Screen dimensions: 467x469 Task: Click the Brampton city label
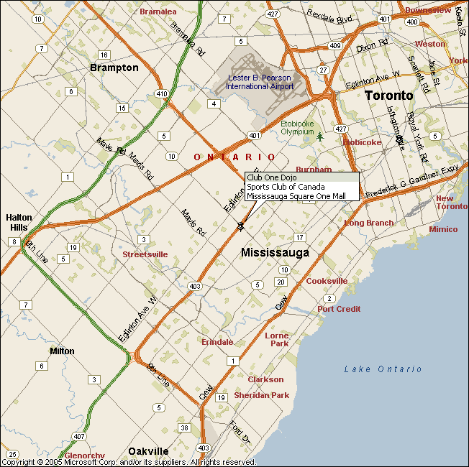(x=114, y=68)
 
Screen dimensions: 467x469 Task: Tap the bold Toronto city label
(x=388, y=96)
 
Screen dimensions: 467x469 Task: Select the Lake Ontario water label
(x=383, y=369)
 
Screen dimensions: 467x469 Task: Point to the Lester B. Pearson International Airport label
(x=260, y=82)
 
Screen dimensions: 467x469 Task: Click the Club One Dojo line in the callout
(x=271, y=177)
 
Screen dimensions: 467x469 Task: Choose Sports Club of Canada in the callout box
(x=285, y=186)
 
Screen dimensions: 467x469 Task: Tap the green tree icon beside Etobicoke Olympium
(x=320, y=137)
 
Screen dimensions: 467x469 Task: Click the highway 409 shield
(x=334, y=45)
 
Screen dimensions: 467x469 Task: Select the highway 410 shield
(x=162, y=93)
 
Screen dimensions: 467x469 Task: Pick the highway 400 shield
(x=412, y=22)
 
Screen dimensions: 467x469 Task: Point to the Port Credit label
(x=339, y=309)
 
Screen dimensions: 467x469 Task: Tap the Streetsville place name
(x=145, y=254)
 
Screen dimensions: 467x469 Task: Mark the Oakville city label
(x=148, y=451)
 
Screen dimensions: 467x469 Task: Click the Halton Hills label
(x=19, y=222)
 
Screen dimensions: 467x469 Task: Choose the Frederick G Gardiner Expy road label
(x=411, y=182)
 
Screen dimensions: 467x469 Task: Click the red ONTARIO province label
(x=234, y=157)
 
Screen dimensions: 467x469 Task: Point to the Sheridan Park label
(x=261, y=395)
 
